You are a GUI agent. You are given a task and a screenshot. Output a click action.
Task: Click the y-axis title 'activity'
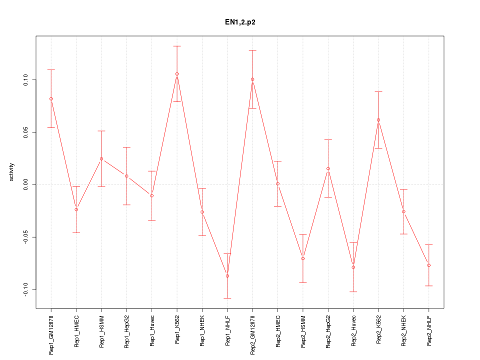(x=12, y=172)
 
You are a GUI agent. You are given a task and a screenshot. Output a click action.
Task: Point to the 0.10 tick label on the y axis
(x=26, y=80)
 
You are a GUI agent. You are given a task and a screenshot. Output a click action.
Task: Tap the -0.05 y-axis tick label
(x=26, y=237)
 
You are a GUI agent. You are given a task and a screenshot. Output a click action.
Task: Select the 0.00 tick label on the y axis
(x=26, y=184)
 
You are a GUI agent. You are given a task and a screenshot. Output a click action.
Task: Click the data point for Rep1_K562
(x=177, y=74)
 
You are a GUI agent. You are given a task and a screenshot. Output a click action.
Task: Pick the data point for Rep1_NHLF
(x=227, y=276)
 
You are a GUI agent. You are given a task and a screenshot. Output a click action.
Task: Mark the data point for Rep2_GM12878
(x=252, y=79)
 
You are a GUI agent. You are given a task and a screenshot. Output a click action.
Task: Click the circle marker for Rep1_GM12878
(x=51, y=99)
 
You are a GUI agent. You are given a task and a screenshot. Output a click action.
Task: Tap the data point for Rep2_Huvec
(x=353, y=267)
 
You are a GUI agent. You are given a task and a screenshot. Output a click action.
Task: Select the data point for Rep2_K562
(x=378, y=120)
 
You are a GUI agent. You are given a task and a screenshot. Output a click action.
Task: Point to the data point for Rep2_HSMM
(x=303, y=258)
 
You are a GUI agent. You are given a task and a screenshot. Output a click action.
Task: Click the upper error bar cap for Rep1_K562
(x=177, y=46)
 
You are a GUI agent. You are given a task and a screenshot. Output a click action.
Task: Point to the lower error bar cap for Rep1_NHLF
(x=227, y=298)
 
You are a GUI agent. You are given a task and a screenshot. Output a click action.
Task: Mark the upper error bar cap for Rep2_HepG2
(x=328, y=139)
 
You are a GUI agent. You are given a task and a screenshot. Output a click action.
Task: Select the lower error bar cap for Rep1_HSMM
(x=101, y=186)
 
